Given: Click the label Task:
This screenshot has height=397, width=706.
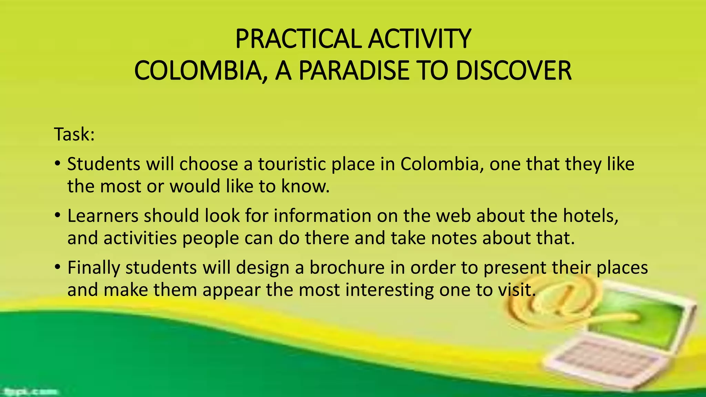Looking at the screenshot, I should (74, 134).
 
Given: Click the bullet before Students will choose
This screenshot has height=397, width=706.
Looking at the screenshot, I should (58, 163).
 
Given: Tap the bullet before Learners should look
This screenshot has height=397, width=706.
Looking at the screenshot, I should (58, 215).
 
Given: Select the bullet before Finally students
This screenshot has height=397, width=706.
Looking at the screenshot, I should (58, 267).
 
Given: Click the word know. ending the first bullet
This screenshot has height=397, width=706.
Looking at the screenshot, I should (305, 186).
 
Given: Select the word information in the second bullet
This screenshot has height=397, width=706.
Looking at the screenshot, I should (323, 216).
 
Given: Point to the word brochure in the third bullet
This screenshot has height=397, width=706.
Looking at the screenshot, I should (347, 268).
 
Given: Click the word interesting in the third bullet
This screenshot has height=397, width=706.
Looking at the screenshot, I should (390, 290).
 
